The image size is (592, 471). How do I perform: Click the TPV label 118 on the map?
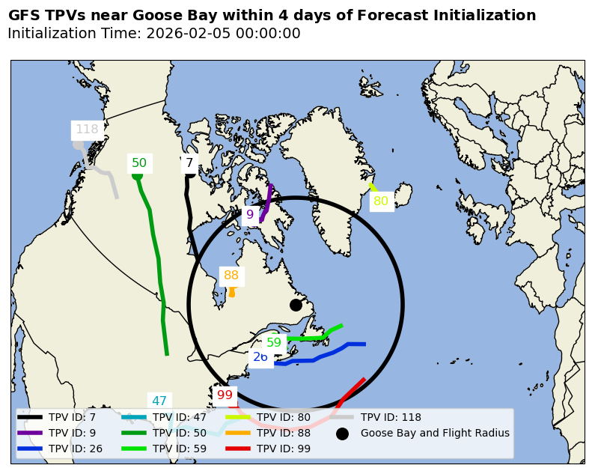pos(87,130)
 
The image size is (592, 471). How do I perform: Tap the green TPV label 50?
pos(139,163)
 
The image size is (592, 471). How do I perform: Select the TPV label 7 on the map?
pos(189,163)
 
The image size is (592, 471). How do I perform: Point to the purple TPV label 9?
pos(250,215)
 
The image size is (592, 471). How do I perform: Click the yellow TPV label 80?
pos(381,201)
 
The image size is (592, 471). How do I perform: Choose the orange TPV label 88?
pos(231,276)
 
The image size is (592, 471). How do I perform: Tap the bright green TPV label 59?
pos(274,343)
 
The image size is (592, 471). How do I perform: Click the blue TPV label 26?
pos(260,357)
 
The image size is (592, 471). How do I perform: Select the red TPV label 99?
pos(225,395)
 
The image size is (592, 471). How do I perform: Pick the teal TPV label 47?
pos(159,401)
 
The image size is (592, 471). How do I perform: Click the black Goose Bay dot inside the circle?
pos(296,305)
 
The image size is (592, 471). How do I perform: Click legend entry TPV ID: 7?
pos(72,417)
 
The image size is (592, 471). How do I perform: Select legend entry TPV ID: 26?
pos(75,449)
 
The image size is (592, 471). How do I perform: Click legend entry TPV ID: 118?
pos(391,417)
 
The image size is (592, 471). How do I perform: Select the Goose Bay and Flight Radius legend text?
pos(435,433)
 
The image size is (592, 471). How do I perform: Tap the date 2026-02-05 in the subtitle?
pos(190,34)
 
